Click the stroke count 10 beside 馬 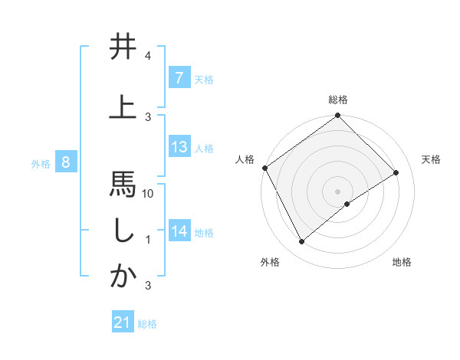click(149, 194)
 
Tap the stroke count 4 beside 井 click(148, 56)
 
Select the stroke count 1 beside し click(148, 240)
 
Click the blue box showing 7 click(179, 78)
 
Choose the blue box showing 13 click(179, 147)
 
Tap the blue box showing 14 click(179, 231)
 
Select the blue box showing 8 click(67, 162)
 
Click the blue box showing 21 click(123, 322)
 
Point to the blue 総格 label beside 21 click(147, 323)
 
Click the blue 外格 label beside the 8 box click(41, 163)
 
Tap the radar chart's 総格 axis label click(337, 100)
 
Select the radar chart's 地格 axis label click(402, 262)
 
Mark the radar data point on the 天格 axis click(396, 172)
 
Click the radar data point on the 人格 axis click(264, 168)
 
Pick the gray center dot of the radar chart click(337, 191)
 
